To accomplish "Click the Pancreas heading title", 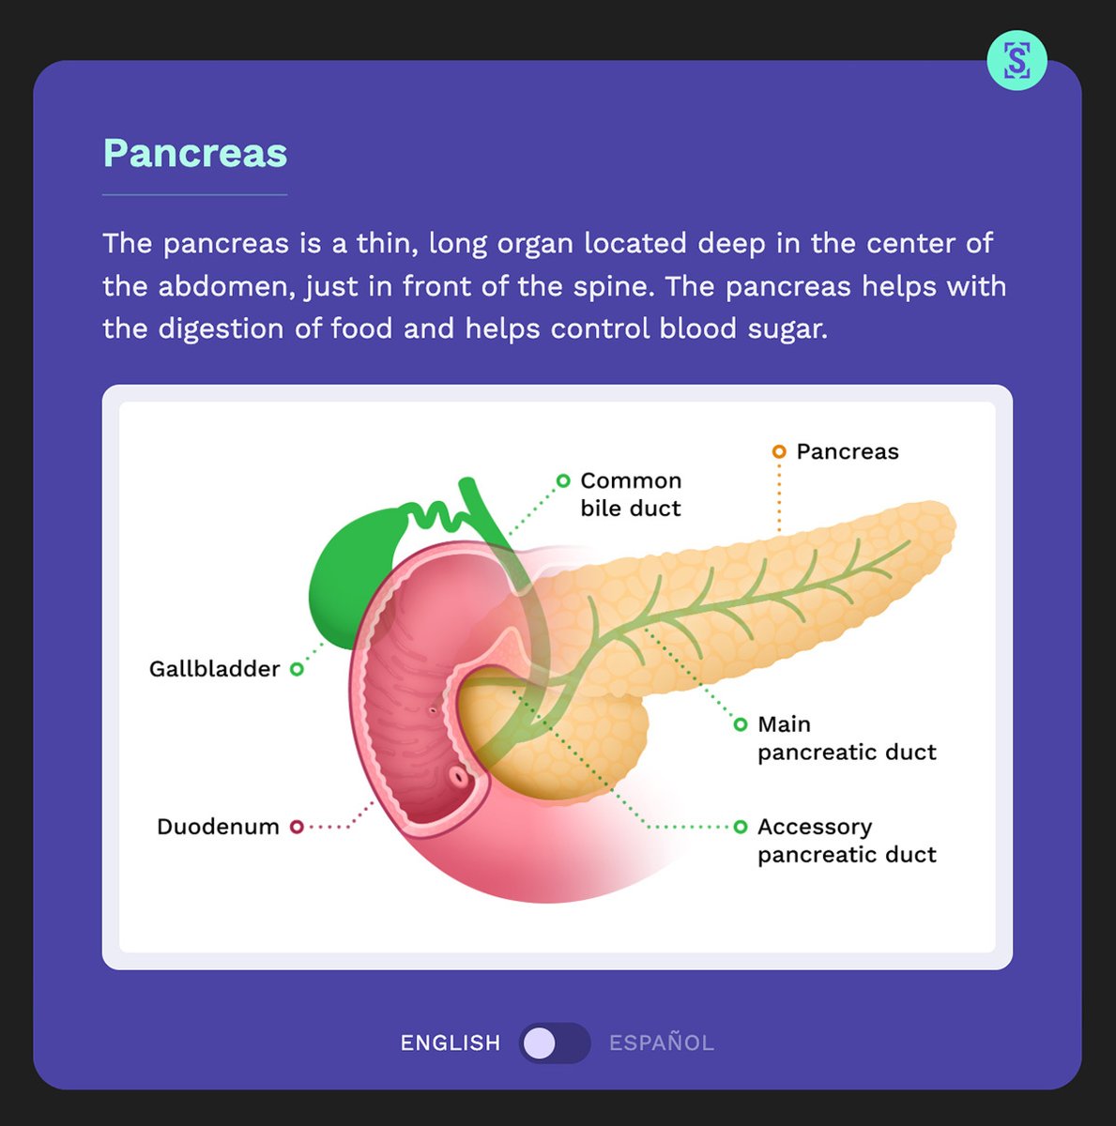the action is (194, 153).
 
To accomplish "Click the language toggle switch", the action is (554, 1042).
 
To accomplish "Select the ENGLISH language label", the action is (451, 1042).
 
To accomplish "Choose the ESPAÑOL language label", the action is (662, 1042).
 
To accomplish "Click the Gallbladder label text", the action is (214, 669).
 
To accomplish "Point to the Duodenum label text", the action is (218, 827).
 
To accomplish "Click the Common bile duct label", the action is (631, 495).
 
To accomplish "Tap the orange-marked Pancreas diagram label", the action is (847, 451).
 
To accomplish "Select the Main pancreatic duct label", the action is (847, 738).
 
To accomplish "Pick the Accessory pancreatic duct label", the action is (847, 841).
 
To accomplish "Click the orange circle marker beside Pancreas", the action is (778, 451).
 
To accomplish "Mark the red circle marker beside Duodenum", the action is (297, 827).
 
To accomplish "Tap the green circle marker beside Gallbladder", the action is (297, 669).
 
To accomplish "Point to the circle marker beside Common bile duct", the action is (563, 480).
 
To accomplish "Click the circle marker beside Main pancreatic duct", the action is (741, 724).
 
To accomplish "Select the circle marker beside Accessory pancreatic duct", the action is (741, 827).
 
